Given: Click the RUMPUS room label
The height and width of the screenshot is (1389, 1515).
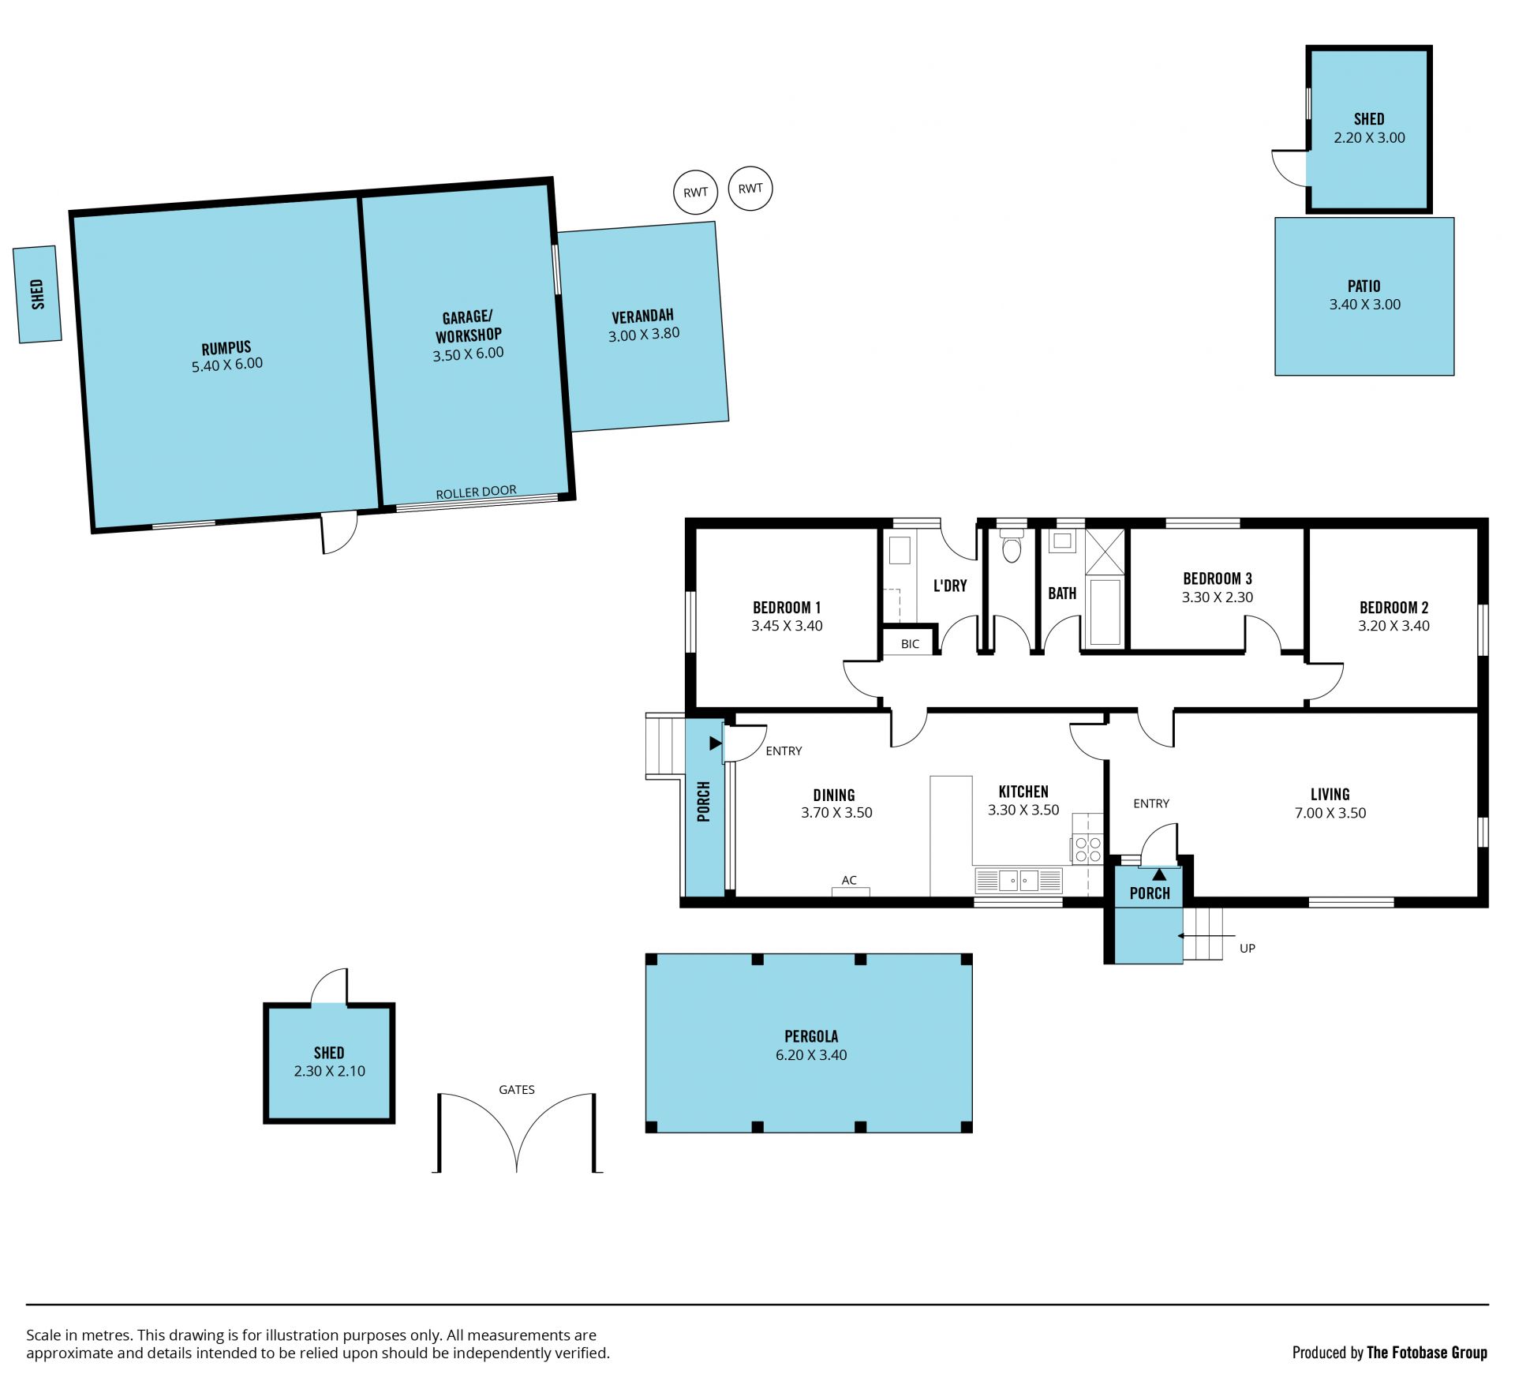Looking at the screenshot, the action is tap(226, 348).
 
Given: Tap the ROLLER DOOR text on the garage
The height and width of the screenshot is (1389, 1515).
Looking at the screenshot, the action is tap(476, 492).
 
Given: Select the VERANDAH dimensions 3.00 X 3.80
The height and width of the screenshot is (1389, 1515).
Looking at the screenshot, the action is tap(644, 335).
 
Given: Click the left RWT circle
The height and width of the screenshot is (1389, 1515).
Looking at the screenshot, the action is tap(695, 192).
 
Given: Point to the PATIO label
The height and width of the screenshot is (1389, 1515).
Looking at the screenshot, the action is tap(1364, 286).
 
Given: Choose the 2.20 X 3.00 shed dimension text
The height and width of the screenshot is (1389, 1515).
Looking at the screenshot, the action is tap(1369, 138).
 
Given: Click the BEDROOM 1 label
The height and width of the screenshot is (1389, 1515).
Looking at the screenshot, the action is tap(787, 608).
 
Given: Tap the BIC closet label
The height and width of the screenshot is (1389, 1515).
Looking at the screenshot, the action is tap(910, 644).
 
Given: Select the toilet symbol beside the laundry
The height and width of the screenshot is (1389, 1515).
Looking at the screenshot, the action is tap(1012, 546).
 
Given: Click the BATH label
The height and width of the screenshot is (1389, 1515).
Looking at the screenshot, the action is tap(1062, 593).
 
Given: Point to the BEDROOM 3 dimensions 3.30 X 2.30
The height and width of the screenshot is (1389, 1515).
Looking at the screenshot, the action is tap(1217, 598).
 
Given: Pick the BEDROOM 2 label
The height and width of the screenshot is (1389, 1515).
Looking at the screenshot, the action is tap(1393, 608).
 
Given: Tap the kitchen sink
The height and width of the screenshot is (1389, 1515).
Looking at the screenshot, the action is tap(1019, 880).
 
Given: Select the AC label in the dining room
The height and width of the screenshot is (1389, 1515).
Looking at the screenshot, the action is tap(849, 880).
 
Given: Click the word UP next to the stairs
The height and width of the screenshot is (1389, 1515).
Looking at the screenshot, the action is tap(1248, 949).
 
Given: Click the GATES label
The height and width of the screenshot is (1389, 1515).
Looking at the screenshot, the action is tap(517, 1090).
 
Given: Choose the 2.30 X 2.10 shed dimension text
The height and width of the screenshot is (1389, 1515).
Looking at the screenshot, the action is tap(329, 1072).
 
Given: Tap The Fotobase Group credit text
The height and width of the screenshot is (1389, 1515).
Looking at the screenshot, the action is tap(1427, 1353).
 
